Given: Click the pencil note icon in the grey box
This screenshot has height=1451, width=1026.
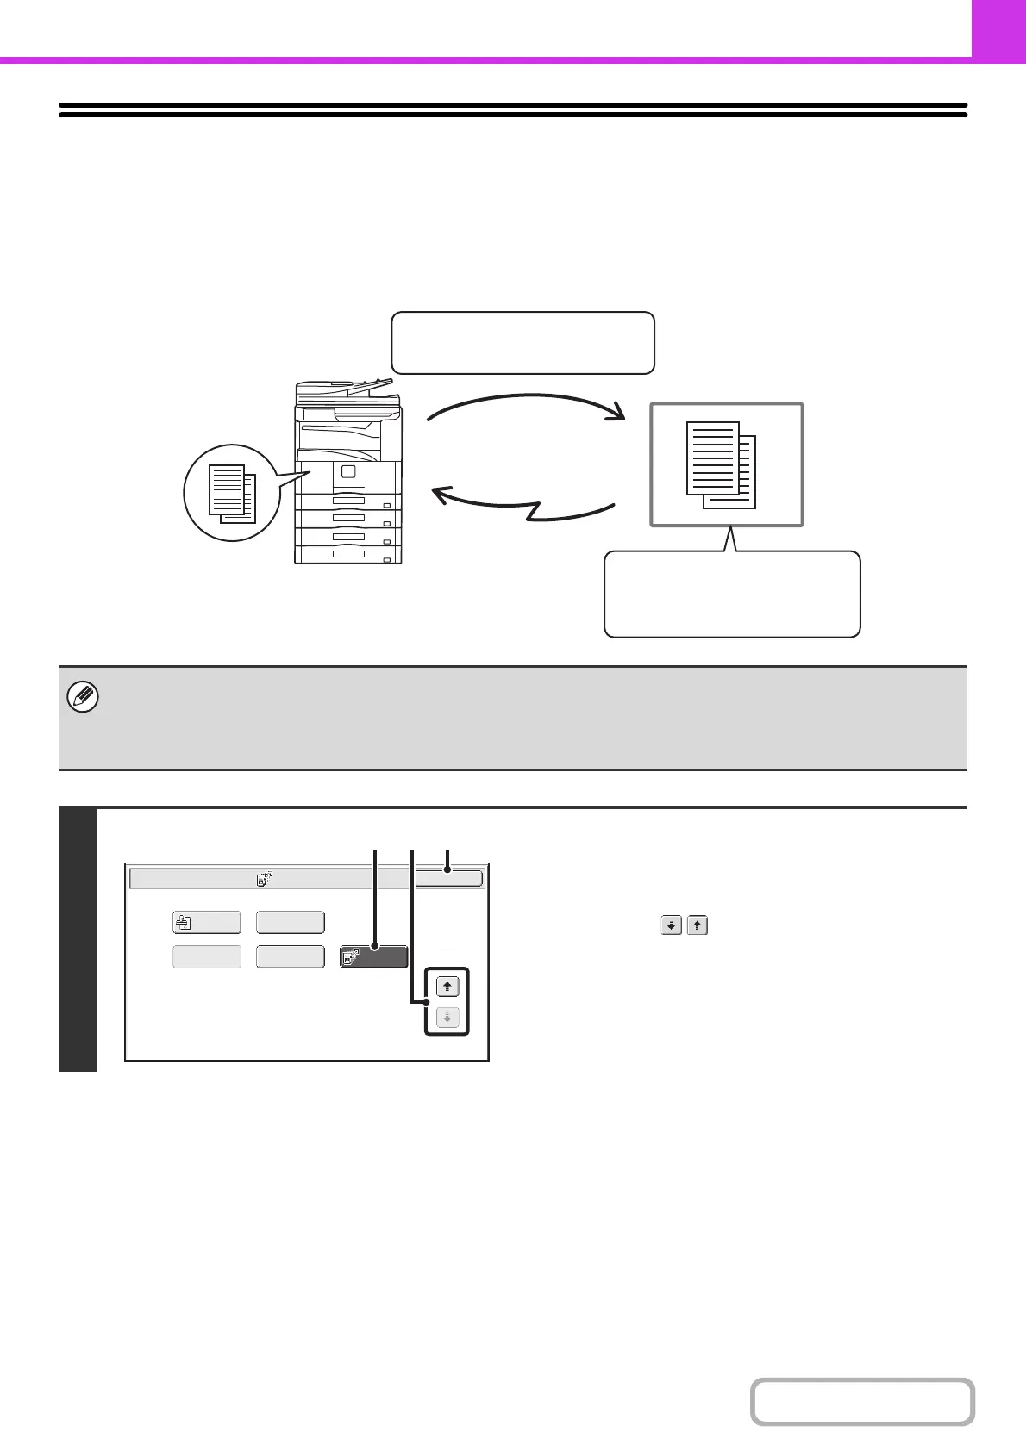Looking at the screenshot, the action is pos(84,697).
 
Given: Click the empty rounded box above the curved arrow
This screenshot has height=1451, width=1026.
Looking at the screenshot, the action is pos(522,343).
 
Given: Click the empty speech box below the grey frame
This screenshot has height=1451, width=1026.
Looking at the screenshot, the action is pos(732,595).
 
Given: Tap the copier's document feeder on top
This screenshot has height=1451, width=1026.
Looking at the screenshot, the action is pos(347,393).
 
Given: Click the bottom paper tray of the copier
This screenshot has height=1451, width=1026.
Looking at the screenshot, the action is pos(348,553).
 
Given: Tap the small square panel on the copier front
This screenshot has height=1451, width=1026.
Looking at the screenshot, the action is pos(347,471).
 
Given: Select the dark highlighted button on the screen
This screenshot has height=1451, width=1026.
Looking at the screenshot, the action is pos(374,956).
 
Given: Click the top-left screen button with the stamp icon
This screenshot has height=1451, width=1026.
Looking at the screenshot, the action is pos(206,922).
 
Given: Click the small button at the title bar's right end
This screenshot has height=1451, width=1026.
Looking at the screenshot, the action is pos(447,878).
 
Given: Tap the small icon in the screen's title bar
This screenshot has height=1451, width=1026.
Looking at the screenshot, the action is pos(264,879).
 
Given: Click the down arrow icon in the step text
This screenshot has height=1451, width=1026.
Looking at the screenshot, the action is pos(671,926).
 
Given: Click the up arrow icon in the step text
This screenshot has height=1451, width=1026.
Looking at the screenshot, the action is pos(698,926).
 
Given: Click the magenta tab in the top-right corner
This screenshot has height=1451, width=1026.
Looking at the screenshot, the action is pos(998,28).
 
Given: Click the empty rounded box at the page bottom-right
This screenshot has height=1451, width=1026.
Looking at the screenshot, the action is pos(861,1402).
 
